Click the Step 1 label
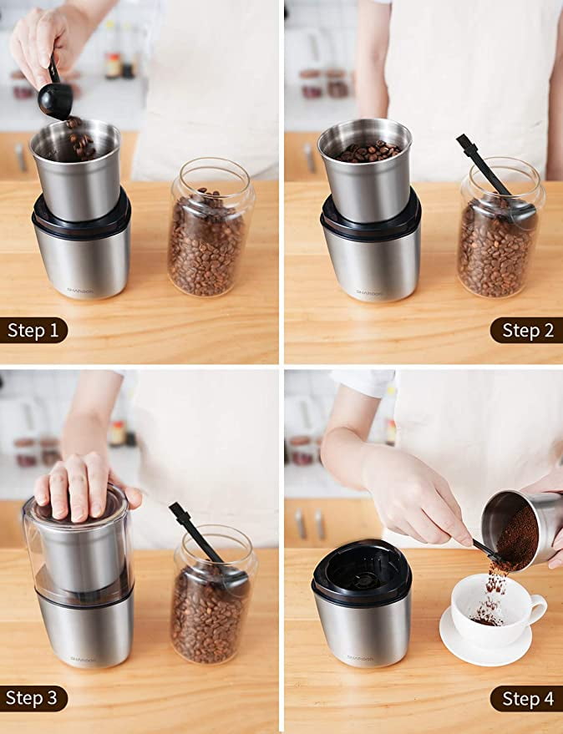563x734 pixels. click(33, 331)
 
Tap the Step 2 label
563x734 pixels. click(527, 331)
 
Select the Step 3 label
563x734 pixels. click(33, 698)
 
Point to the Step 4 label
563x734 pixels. click(527, 698)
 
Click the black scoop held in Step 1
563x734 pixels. click(55, 99)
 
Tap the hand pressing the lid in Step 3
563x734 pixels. click(79, 488)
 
